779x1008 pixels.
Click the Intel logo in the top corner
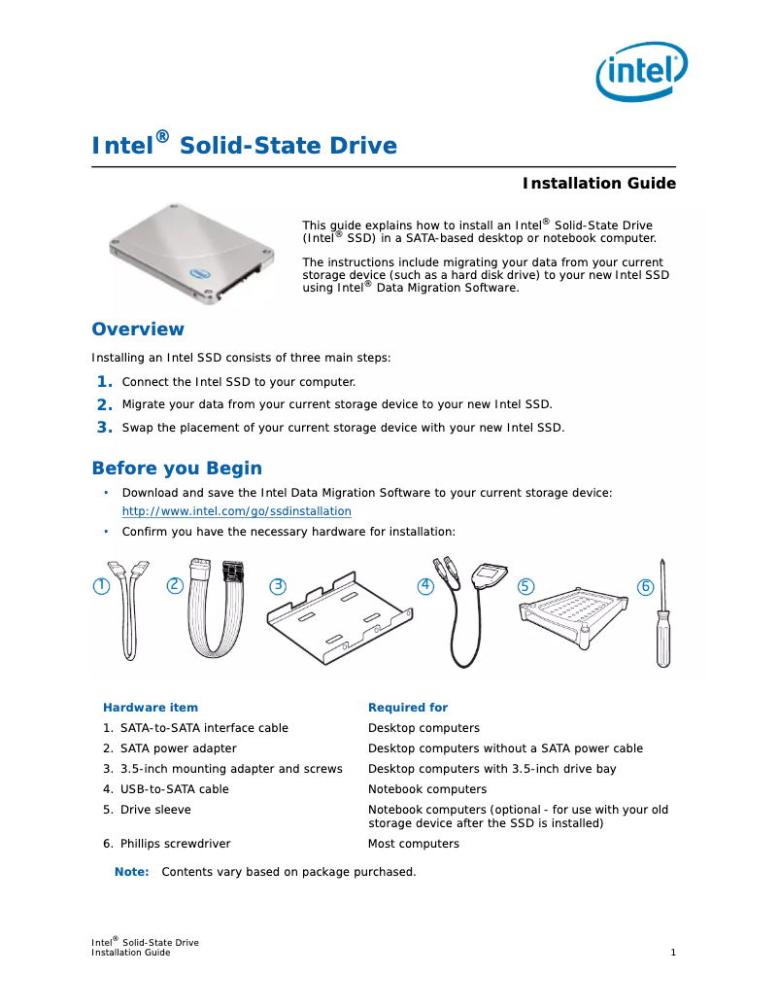(x=641, y=70)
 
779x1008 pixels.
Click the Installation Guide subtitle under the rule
(x=598, y=184)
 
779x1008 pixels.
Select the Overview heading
(x=137, y=330)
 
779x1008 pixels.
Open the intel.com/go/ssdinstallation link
(x=236, y=511)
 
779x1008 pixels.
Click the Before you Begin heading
(x=176, y=469)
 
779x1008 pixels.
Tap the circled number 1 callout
(x=100, y=586)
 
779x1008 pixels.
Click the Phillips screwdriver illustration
(x=661, y=617)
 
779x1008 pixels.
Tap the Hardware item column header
(x=150, y=708)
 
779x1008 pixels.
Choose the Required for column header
(x=407, y=708)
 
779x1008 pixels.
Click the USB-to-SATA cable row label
(x=174, y=789)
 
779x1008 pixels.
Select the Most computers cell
(x=413, y=844)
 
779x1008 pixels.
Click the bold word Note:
(x=131, y=872)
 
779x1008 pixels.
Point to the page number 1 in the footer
(x=672, y=953)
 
